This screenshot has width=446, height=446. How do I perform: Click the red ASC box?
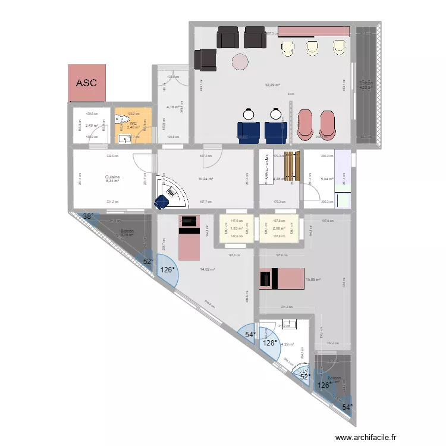[87, 83]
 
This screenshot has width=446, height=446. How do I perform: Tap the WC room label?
[133, 123]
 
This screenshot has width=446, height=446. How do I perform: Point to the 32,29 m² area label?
[272, 85]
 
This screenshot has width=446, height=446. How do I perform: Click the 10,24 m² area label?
[205, 178]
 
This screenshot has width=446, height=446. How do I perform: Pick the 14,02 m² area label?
[208, 269]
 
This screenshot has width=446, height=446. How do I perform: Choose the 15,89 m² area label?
[313, 279]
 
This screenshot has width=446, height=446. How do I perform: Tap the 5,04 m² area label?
[327, 178]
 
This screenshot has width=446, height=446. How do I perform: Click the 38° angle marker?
[88, 217]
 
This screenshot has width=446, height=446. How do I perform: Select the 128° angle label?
[271, 343]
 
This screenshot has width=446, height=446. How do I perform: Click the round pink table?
[241, 61]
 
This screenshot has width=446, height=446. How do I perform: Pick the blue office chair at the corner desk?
[162, 202]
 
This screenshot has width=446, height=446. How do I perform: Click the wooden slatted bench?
[290, 166]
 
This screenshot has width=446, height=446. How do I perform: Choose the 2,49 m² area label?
[92, 125]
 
